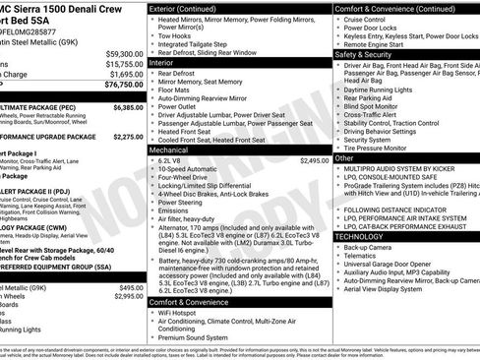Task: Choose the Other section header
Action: coord(345,157)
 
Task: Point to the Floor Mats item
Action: coord(178,89)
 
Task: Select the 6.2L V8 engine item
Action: coord(176,160)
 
